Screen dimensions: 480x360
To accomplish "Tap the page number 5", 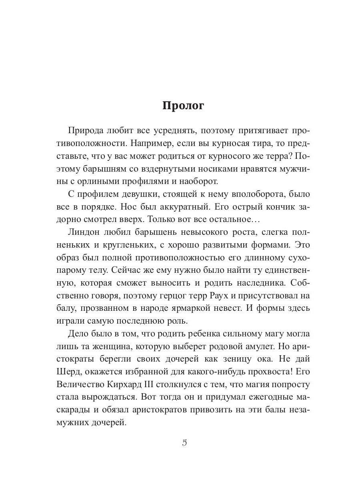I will (x=184, y=442).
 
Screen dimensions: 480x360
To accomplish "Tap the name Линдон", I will (x=86, y=232).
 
